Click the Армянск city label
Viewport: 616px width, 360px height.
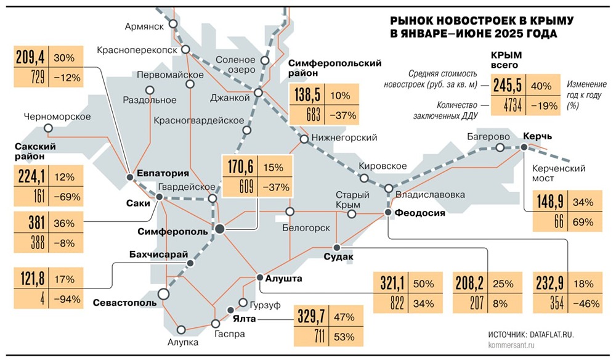(144, 26)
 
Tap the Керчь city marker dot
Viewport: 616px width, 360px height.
(524, 147)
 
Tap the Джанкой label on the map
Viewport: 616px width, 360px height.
(230, 97)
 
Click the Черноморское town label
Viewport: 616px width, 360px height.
(57, 117)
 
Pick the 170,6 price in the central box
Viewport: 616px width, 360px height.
(241, 168)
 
